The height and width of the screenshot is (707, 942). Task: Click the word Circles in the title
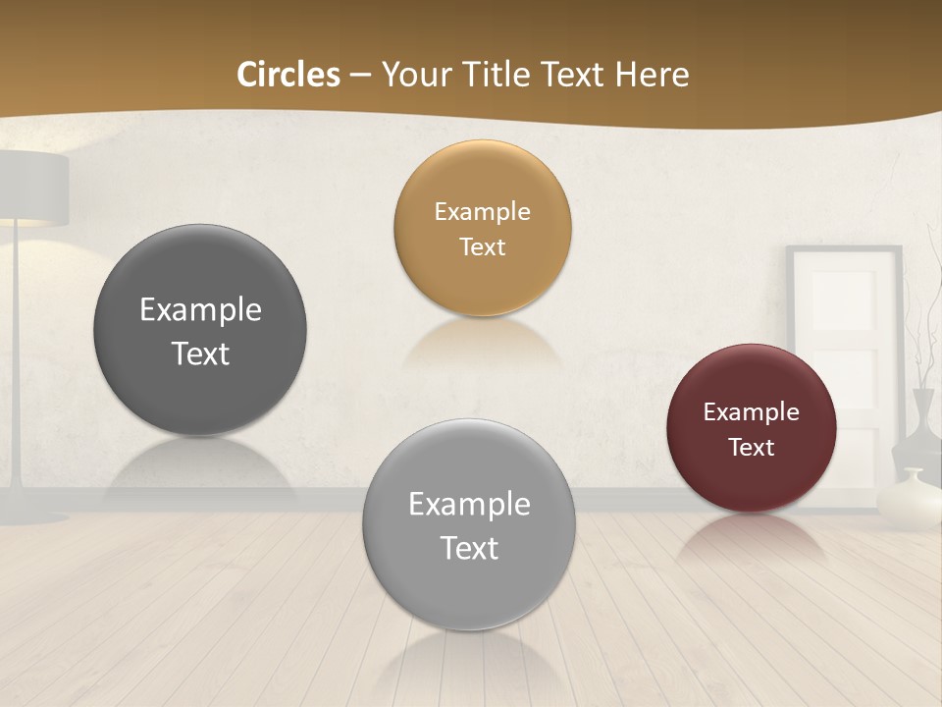click(288, 75)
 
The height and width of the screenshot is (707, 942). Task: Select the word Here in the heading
click(652, 75)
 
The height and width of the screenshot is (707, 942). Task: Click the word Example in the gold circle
click(482, 212)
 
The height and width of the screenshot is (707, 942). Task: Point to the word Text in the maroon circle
click(752, 448)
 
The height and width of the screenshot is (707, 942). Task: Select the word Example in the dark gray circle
click(200, 310)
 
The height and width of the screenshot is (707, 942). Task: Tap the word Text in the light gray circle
click(469, 548)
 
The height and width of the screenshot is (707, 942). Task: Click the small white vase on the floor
click(908, 501)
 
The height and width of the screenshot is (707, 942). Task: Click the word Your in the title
click(413, 75)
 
